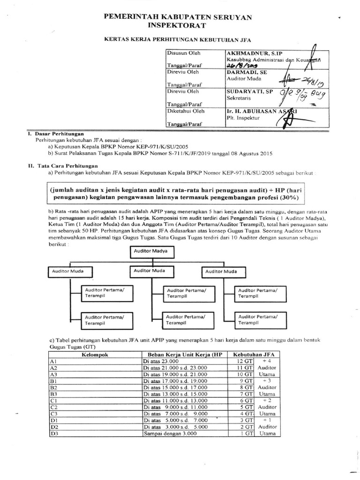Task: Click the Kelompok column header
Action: [95, 354]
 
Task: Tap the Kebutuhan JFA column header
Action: [253, 354]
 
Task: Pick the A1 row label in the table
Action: [53, 361]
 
